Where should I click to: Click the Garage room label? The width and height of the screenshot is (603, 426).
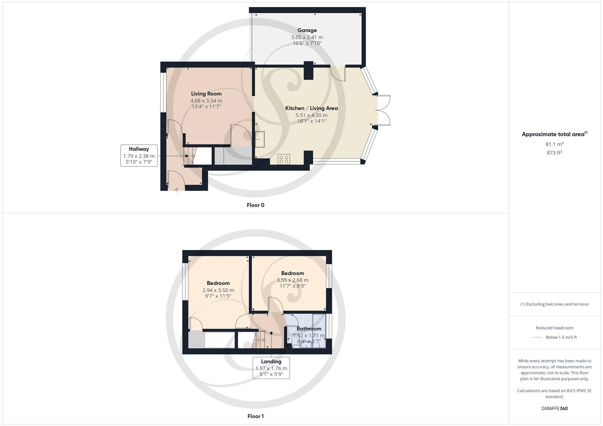(307, 30)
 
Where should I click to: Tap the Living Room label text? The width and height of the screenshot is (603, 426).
(206, 94)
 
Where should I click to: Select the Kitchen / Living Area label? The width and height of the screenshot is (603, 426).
(312, 108)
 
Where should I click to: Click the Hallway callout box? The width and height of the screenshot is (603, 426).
(139, 155)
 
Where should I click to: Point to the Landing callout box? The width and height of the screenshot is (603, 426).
(271, 368)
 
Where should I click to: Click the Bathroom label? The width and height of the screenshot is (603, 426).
(309, 329)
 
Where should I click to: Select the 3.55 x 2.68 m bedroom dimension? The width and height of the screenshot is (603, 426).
(292, 280)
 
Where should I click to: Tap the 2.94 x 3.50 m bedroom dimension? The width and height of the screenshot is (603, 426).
(218, 290)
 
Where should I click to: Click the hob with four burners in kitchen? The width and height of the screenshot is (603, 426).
(284, 159)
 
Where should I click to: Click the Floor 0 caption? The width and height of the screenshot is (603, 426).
(255, 205)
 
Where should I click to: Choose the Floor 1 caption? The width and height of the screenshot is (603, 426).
(255, 416)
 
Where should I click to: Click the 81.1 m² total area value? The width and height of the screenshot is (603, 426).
(554, 144)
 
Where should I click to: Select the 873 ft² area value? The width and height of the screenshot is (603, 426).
(554, 153)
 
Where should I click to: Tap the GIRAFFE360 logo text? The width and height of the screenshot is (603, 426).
(554, 408)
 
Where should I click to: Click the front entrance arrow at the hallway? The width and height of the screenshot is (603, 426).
(176, 190)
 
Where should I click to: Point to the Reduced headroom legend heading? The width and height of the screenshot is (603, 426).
(554, 328)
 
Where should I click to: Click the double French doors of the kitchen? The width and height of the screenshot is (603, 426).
(383, 110)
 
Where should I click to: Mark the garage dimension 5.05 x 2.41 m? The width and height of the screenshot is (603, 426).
(307, 37)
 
